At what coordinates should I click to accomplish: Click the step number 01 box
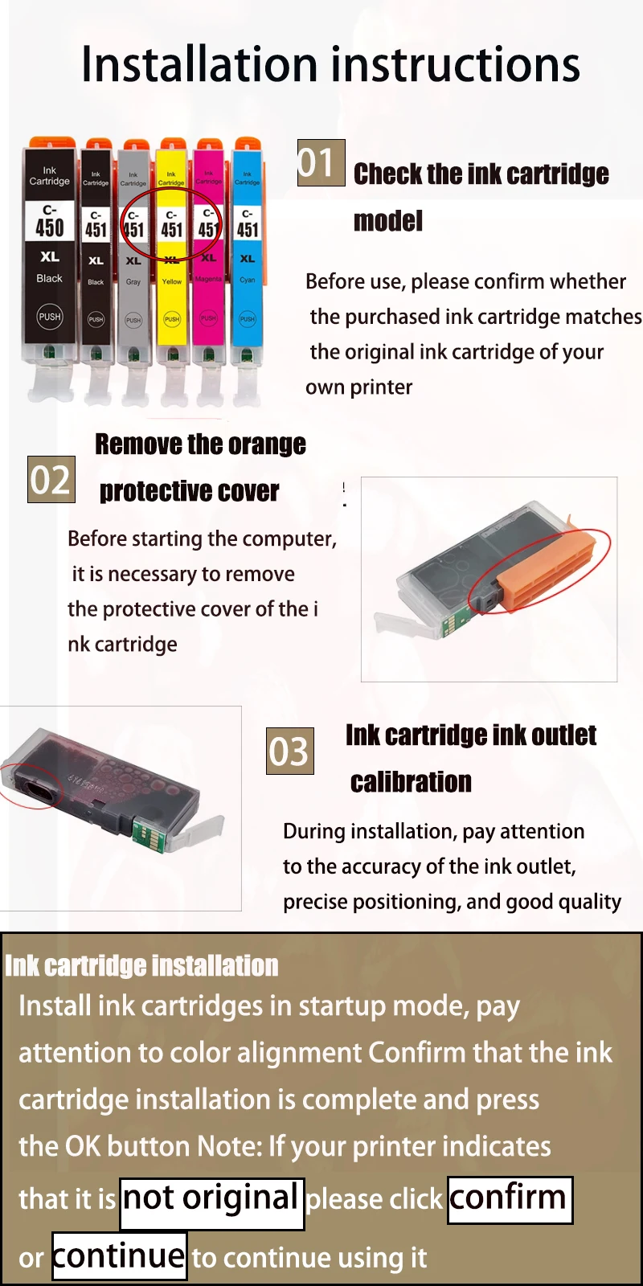[x=321, y=162]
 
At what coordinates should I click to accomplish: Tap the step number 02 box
[x=51, y=479]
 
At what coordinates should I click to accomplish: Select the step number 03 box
[x=290, y=751]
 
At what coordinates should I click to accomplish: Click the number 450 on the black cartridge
[x=50, y=227]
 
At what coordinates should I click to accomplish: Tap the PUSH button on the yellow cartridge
[x=172, y=318]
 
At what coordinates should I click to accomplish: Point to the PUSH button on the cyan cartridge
[x=247, y=318]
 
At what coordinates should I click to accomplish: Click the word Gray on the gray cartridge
[x=133, y=282]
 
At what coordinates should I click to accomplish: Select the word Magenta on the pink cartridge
[x=208, y=279]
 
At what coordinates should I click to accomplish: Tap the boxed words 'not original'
[x=212, y=1204]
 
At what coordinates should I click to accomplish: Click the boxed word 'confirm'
[x=510, y=1200]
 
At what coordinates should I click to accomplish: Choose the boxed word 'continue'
[x=120, y=1255]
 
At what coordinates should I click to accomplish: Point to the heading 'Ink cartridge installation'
[x=141, y=965]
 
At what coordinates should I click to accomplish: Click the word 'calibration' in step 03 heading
[x=411, y=782]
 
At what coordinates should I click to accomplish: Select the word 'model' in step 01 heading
[x=388, y=221]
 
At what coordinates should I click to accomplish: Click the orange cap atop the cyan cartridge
[x=247, y=143]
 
